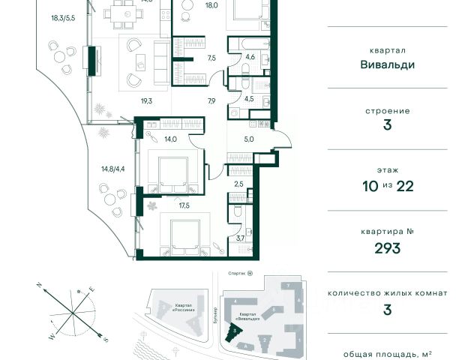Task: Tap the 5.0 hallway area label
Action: click(249, 139)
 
